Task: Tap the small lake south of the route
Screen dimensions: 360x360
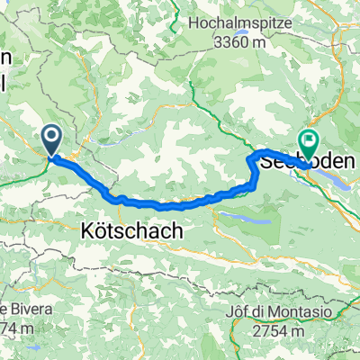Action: point(244,217)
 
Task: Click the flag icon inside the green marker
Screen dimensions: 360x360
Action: point(310,140)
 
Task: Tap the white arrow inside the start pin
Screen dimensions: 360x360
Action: point(50,137)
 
